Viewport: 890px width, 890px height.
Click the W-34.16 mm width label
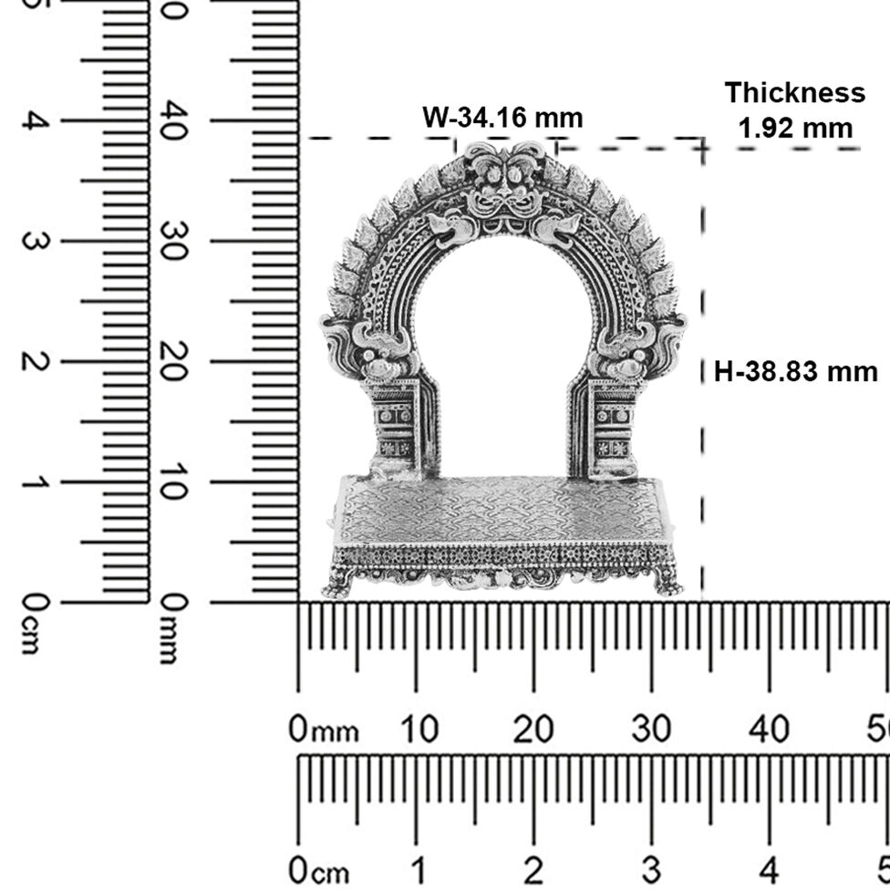point(502,118)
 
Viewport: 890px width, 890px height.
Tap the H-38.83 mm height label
point(795,372)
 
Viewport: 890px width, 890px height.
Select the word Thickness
point(794,92)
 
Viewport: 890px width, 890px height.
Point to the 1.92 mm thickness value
point(795,129)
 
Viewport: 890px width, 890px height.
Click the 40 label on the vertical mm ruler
point(173,121)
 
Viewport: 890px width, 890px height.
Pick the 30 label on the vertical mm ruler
point(173,242)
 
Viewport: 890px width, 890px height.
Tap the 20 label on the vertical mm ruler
point(173,361)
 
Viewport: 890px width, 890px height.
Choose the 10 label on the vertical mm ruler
point(173,481)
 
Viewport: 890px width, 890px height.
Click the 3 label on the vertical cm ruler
point(33,242)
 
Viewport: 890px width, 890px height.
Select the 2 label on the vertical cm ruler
point(33,361)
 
